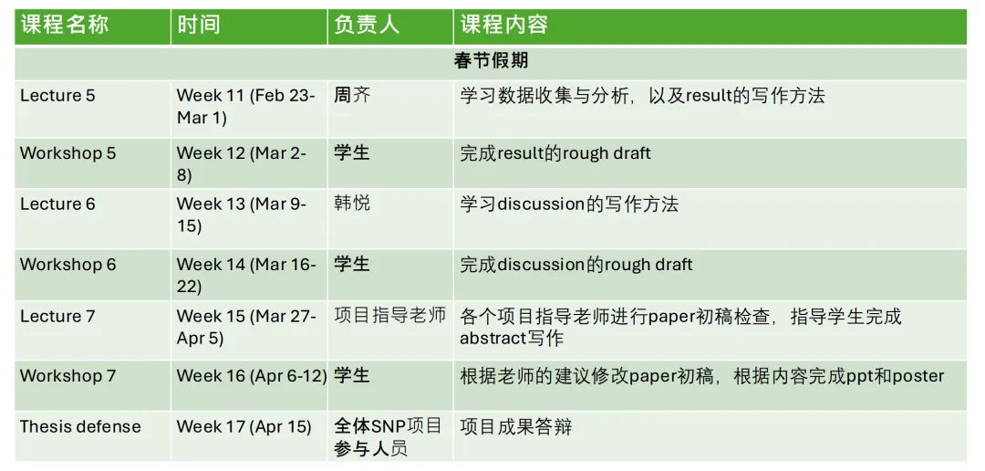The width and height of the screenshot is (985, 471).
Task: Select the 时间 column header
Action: point(198,26)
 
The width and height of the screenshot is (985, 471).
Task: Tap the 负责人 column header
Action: point(366,26)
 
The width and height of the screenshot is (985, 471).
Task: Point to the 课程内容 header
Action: point(504,26)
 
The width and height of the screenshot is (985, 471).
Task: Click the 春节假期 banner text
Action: point(491,62)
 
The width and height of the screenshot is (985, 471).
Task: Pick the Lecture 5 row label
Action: point(57,96)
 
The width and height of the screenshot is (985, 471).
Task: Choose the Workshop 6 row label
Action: point(68,265)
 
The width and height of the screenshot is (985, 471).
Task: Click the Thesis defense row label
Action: point(80,426)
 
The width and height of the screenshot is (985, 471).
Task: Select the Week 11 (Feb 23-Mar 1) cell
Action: point(246,107)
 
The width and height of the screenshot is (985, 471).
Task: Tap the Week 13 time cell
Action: point(242,215)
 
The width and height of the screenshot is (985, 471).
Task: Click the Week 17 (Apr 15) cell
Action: point(244,426)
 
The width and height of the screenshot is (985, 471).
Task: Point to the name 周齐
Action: point(352,95)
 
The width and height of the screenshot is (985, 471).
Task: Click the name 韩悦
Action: point(352,204)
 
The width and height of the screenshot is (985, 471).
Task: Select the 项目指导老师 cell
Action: point(390,316)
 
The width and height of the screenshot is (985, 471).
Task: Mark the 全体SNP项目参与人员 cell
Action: point(388,437)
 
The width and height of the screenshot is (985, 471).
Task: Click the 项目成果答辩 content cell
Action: point(515,426)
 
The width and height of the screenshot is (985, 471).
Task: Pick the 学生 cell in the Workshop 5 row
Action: point(352,152)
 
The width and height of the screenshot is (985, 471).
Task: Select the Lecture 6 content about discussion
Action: point(569,204)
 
